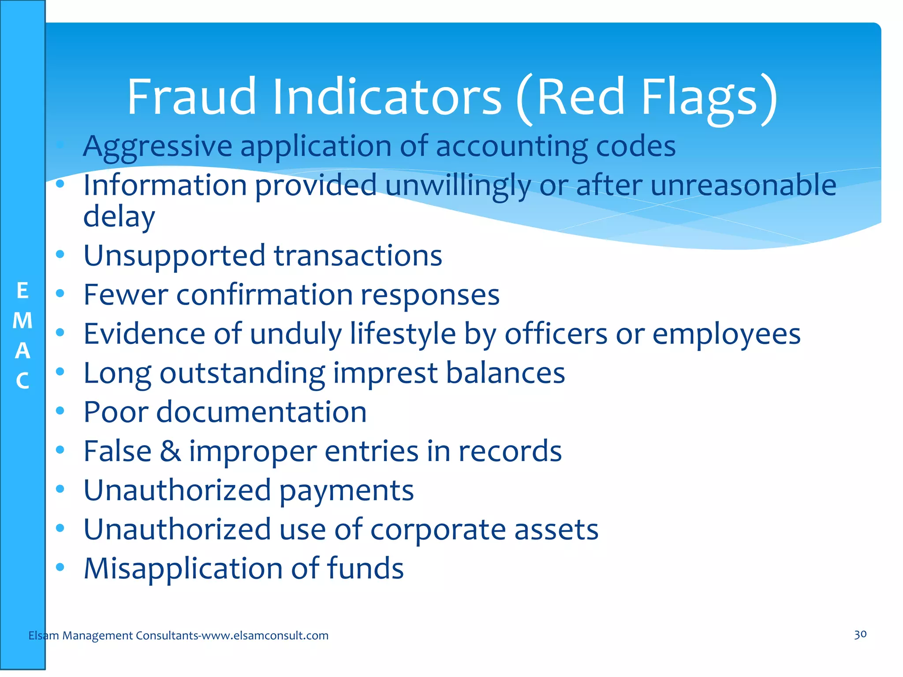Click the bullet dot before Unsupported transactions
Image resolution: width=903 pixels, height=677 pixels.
[60, 254]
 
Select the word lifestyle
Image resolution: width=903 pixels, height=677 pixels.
[403, 334]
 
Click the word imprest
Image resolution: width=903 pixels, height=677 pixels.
[385, 373]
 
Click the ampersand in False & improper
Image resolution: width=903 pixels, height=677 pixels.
[170, 451]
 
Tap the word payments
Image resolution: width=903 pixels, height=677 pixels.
[347, 491]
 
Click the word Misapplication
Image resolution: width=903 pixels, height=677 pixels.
[183, 569]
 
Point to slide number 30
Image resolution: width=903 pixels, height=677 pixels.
[860, 635]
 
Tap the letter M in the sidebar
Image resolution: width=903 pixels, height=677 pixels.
[22, 321]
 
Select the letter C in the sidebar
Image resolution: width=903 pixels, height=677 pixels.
[22, 381]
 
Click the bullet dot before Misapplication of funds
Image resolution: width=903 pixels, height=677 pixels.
[60, 567]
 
